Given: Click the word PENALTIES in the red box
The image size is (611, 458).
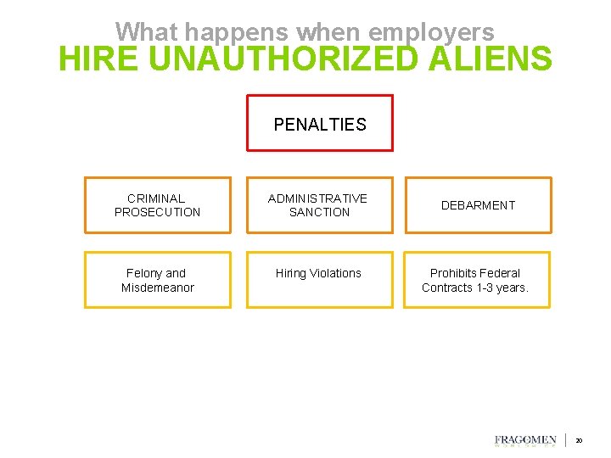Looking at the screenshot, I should click(320, 125).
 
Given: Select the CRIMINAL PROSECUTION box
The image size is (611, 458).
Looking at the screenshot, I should click(158, 204).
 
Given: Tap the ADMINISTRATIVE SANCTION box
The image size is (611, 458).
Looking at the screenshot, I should click(319, 204).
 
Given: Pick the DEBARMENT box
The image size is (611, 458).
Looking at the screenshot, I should click(478, 205).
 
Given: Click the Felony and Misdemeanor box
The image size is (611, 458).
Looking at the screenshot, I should click(158, 280).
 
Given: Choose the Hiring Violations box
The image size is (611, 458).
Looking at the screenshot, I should click(319, 280).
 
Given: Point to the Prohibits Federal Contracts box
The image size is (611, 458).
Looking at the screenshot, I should click(476, 280).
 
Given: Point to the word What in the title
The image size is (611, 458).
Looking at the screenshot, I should click(146, 32).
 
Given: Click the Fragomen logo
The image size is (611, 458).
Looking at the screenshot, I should click(525, 440).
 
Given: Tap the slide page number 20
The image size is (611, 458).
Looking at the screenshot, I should click(579, 441).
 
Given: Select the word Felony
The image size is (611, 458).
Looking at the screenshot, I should click(143, 273).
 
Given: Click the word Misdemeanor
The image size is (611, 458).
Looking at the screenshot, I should click(158, 288).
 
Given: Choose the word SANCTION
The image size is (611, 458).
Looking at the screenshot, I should click(319, 212).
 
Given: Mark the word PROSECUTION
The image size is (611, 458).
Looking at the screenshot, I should click(158, 212).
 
